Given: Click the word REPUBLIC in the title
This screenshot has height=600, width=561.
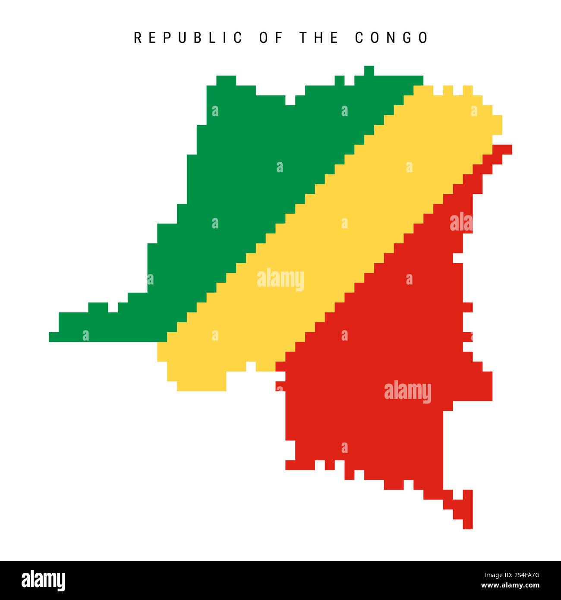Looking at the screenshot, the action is [188, 38].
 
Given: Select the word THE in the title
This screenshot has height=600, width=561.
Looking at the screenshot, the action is [319, 38].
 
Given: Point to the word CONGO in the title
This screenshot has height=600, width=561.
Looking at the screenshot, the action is [391, 38].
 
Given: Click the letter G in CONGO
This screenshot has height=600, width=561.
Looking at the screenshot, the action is [408, 38].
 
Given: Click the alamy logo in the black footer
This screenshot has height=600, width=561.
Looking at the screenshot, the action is [44, 580].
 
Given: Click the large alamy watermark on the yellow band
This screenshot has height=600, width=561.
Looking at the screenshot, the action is [280, 279].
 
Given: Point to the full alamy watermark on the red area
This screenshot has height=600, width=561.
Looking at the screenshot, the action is [407, 391].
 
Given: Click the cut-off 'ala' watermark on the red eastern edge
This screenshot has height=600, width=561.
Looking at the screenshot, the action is [461, 223].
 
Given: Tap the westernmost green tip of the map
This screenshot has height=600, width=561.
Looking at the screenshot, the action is [54, 337].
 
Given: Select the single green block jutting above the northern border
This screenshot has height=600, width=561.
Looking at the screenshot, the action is [369, 70].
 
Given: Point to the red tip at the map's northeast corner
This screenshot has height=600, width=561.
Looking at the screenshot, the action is [507, 149].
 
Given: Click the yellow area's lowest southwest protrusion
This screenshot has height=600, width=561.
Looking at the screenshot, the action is [201, 386].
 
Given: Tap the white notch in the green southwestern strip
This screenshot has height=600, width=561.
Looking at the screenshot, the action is [113, 307].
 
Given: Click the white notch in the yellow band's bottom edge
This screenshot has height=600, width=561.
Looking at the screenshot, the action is [251, 366].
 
